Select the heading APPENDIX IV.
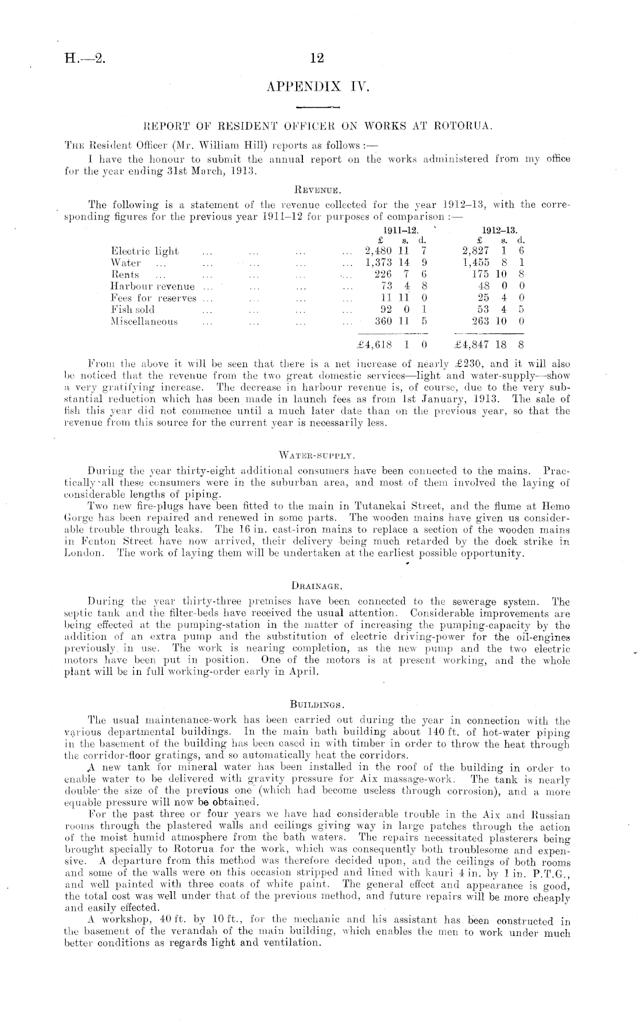point(318,87)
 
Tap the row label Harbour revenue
point(152,286)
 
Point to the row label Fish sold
point(132,310)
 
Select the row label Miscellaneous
point(144,322)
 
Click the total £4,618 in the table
point(374,345)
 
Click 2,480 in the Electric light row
point(378,251)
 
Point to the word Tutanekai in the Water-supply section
point(381,506)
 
